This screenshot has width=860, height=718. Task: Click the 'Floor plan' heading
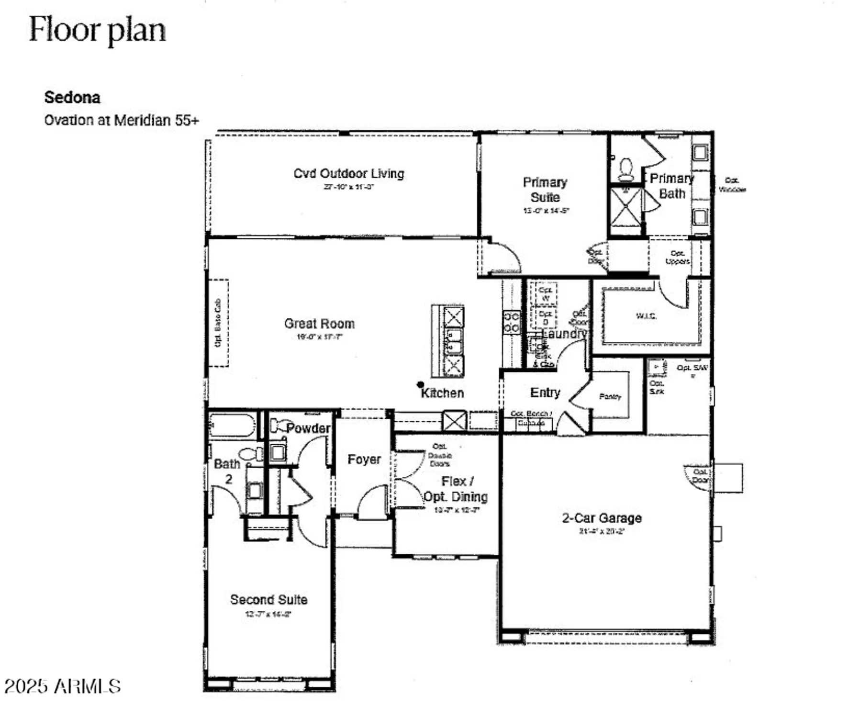coord(97,30)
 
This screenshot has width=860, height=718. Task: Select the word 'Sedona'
coord(72,98)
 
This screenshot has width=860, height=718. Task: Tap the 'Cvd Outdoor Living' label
coord(348,173)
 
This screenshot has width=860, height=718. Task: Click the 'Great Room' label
coord(319,324)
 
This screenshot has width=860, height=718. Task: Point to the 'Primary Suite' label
coord(545,190)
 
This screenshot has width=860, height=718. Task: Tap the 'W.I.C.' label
coord(646,316)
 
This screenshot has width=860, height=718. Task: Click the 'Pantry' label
coord(610,396)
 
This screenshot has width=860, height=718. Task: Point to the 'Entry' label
coord(545,393)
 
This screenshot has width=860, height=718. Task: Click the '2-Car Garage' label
coord(602,518)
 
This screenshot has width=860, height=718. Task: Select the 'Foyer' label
coord(364,459)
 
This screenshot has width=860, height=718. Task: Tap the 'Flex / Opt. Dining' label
coord(456,489)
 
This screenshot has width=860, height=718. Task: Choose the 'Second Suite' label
coord(268,599)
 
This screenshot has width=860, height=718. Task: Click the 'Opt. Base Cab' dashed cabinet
coord(218,323)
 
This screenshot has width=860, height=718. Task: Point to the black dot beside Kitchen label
coord(420,384)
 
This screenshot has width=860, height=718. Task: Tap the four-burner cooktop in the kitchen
coord(511,322)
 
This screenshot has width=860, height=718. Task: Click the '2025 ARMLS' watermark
coord(62,686)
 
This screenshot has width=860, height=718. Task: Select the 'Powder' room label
coord(308,428)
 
